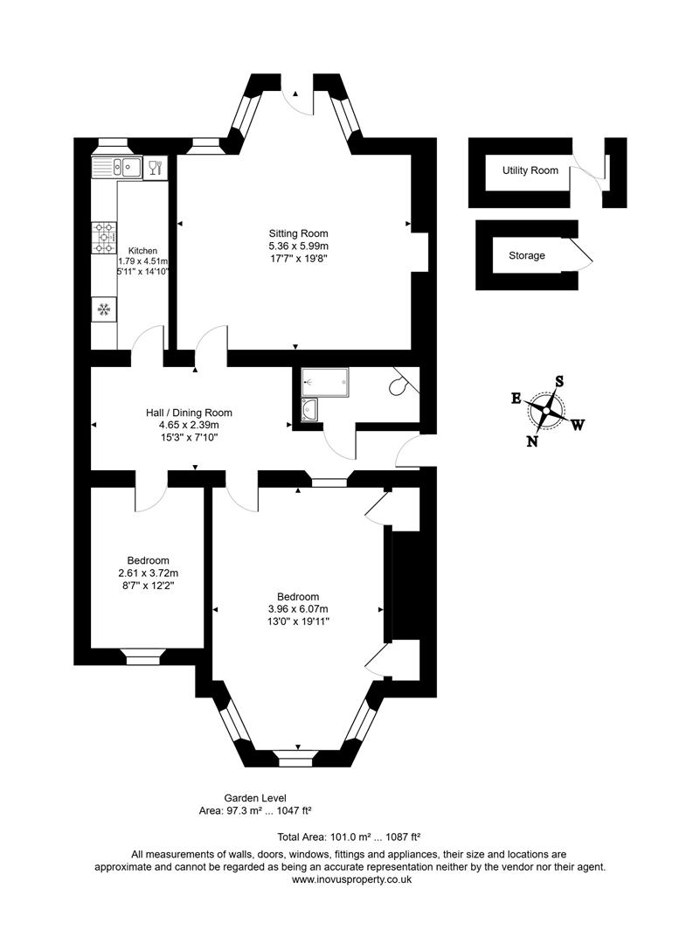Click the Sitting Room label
298,233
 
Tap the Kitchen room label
142,250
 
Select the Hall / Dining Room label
189,413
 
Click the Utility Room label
530,170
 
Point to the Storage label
527,256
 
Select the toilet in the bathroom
403,384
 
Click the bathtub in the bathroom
324,378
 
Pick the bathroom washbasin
310,409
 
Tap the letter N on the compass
531,441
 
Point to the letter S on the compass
559,381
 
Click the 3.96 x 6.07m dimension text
298,609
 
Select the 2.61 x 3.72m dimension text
148,573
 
